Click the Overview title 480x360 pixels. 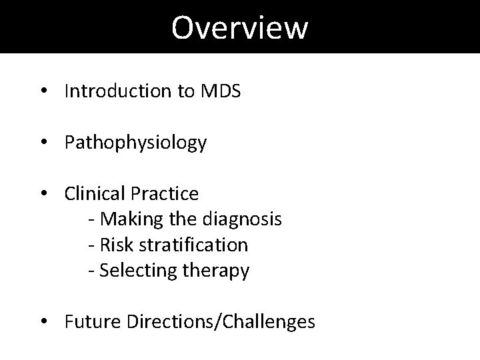[x=239, y=27]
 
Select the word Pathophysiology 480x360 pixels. [x=135, y=143]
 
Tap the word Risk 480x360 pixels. [x=113, y=245]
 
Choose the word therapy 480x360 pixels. [x=215, y=271]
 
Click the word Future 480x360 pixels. [x=89, y=321]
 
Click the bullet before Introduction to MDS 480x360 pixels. [x=43, y=92]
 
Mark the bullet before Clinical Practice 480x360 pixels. [x=43, y=194]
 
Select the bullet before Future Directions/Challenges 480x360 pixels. [x=43, y=322]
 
